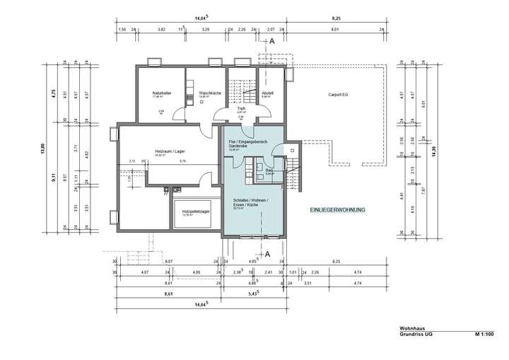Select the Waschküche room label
211,93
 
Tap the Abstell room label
267,93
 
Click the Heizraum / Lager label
169,151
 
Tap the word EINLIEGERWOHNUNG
337,211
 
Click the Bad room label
269,170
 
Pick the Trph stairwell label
241,108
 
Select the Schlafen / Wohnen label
246,201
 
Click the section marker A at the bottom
267,253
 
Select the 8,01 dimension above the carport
334,30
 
